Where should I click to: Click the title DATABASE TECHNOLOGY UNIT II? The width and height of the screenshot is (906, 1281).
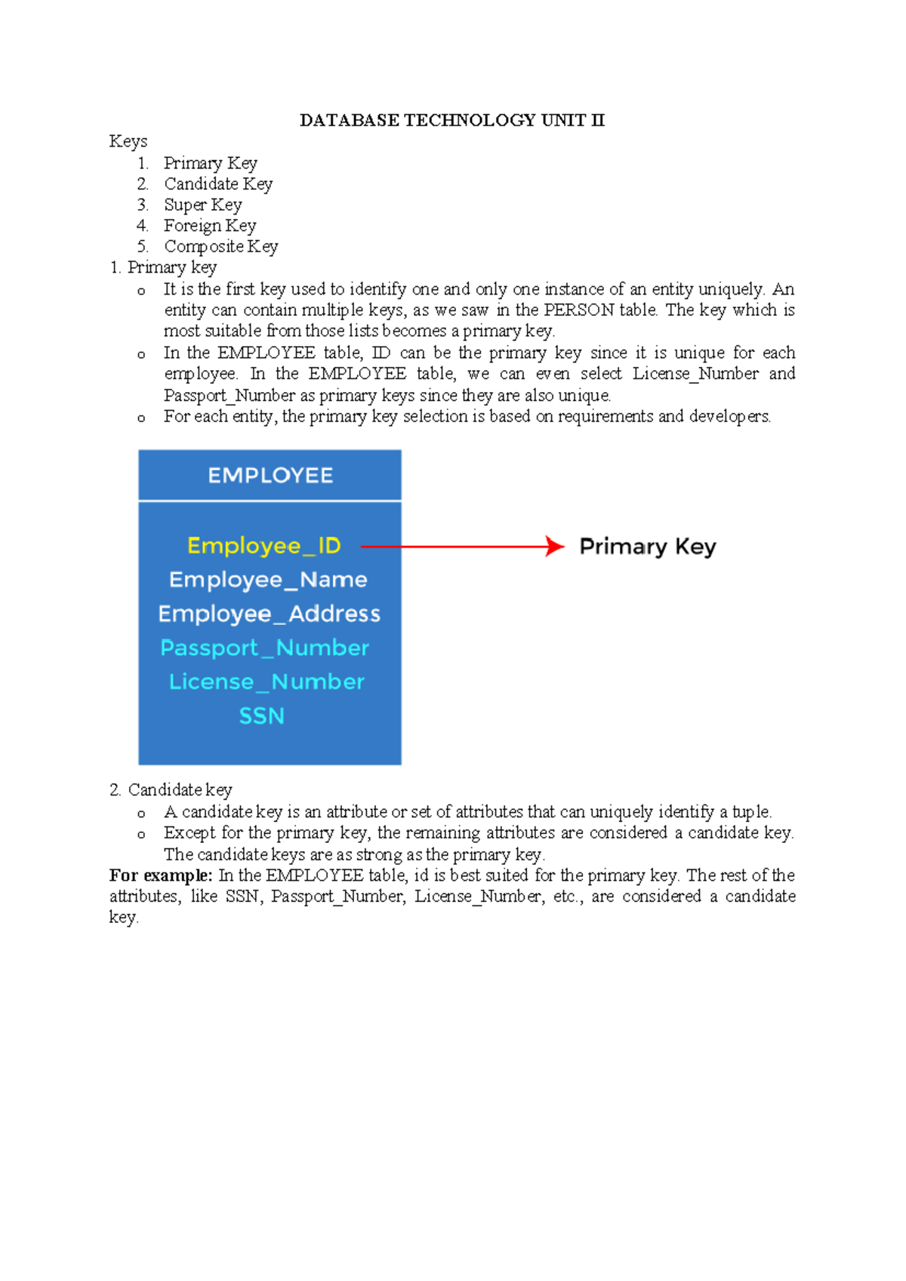(451, 120)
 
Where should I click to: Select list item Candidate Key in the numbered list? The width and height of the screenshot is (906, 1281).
(218, 184)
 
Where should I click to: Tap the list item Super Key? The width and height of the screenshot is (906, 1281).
(202, 205)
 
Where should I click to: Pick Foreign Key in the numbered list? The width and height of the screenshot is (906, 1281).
(210, 226)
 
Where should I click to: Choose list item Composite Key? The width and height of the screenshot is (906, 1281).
(221, 246)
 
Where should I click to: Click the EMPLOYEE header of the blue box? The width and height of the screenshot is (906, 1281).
(270, 476)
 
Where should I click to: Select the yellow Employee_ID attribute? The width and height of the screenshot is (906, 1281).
(264, 545)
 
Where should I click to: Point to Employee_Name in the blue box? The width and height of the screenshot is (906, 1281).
(268, 579)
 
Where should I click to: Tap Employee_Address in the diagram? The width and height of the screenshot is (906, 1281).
(269, 613)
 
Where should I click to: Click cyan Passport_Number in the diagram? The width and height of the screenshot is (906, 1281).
(264, 647)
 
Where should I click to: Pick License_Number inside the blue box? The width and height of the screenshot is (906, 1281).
(267, 681)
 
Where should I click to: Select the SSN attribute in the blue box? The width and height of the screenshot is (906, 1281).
(261, 715)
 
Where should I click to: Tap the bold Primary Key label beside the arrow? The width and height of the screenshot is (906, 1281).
(647, 546)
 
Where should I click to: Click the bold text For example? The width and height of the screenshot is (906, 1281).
(161, 875)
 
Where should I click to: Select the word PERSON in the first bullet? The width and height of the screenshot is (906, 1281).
(578, 310)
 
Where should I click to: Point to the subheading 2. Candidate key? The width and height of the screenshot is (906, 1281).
(171, 790)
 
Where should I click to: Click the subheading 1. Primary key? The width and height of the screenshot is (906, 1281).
(163, 267)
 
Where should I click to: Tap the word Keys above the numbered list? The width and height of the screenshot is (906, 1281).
(128, 141)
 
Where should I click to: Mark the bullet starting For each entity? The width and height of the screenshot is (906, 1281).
(467, 417)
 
